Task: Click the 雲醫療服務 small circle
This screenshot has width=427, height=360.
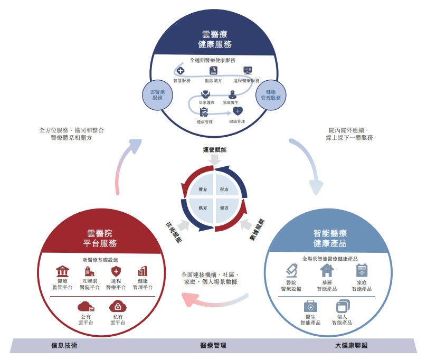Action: (157, 94)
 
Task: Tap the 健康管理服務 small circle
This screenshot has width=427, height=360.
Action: (270, 94)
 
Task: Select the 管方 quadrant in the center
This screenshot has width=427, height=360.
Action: (202, 189)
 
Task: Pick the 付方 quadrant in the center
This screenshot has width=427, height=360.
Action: (224, 189)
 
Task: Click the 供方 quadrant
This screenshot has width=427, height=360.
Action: (202, 209)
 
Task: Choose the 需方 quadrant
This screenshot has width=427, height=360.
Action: (224, 209)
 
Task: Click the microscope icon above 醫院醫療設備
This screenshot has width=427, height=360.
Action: (291, 271)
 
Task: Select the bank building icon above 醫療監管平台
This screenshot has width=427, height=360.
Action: (62, 271)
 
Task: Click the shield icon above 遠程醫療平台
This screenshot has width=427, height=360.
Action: (116, 271)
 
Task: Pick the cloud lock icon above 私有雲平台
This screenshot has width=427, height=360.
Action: (117, 306)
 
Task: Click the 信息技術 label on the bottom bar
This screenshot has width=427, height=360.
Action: (64, 346)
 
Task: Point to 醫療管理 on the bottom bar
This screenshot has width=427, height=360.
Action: (213, 346)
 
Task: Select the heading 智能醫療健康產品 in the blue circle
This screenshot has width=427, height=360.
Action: (330, 238)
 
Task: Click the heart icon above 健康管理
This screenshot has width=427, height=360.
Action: (238, 111)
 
